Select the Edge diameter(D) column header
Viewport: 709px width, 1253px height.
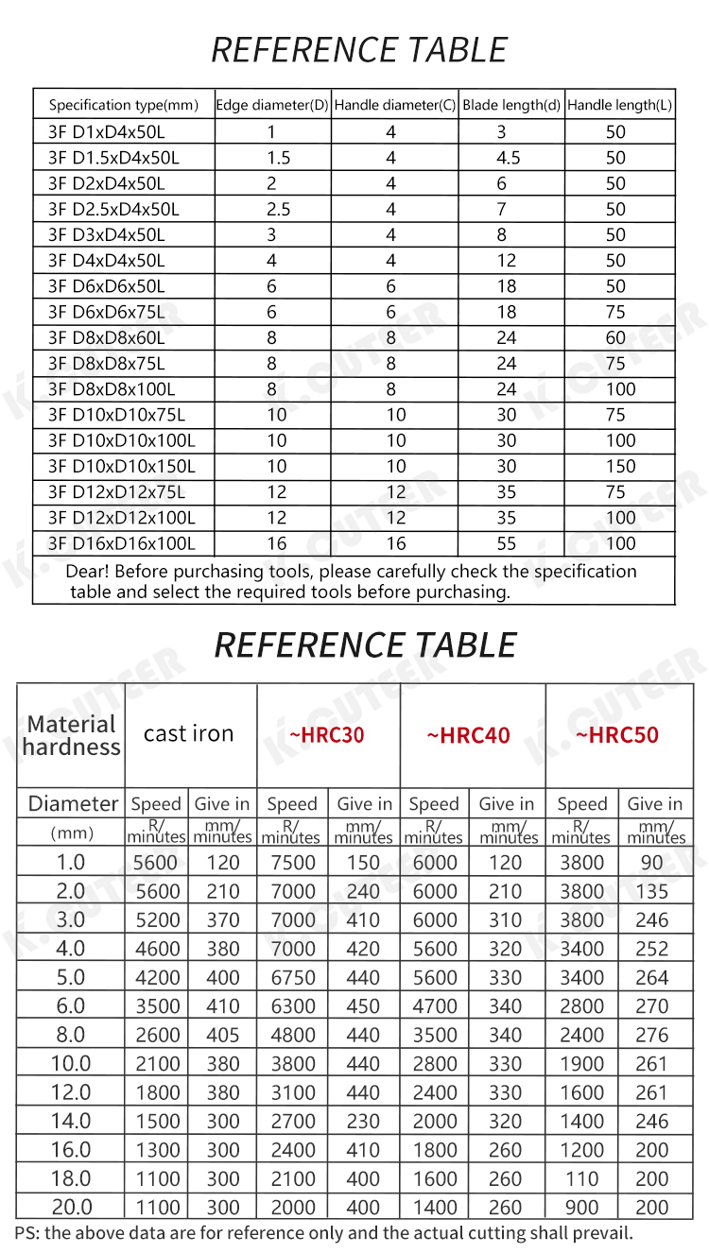point(273,106)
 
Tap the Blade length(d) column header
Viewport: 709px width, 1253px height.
point(511,106)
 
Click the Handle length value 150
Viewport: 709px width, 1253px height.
point(620,466)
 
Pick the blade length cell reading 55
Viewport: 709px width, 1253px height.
point(507,543)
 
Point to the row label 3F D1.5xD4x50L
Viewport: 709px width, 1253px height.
point(113,158)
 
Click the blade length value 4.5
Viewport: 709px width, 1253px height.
point(508,158)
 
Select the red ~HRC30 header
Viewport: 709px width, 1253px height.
point(326,735)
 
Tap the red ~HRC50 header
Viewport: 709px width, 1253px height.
point(617,735)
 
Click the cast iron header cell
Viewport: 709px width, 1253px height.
point(188,734)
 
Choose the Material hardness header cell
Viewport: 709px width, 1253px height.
point(72,735)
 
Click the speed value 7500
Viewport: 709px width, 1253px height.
point(292,862)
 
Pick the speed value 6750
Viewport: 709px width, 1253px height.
point(292,977)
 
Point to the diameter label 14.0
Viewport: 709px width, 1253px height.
point(72,1121)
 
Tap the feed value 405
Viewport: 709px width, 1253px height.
point(223,1035)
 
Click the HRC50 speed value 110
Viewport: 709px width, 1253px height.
point(581,1178)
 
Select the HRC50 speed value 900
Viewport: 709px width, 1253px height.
point(581,1207)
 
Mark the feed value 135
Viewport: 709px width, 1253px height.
point(651,891)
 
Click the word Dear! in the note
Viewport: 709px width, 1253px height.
point(88,572)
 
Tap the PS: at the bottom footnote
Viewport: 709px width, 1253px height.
point(27,1232)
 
